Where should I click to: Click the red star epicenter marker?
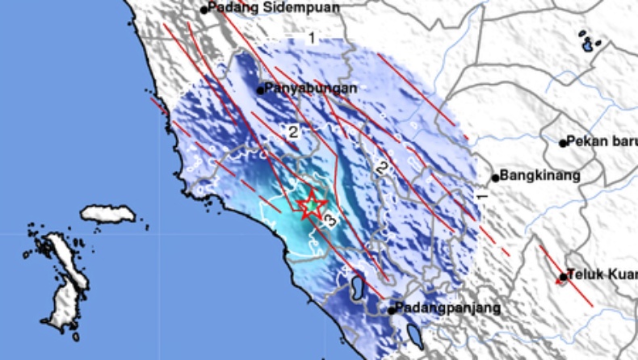[x=311, y=207]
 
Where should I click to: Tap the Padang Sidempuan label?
[x=273, y=8]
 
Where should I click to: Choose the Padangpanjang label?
[x=449, y=308]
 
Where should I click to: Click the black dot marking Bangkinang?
[x=496, y=178]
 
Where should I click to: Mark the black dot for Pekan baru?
[x=564, y=144]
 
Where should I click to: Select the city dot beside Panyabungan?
[x=261, y=90]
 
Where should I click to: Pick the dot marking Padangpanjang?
[x=392, y=310]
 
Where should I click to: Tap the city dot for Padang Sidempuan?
[x=204, y=10]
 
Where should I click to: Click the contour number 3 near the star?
[x=329, y=220]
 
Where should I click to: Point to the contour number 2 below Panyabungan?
[x=293, y=132]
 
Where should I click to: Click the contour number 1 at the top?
[x=311, y=38]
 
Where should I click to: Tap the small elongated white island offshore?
[x=107, y=214]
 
